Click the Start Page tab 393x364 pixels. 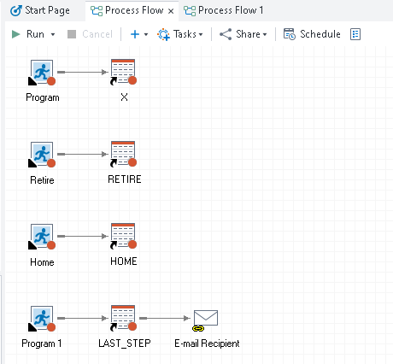41,10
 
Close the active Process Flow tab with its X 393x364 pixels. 170,10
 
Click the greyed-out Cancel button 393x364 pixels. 90,34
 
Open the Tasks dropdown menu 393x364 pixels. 181,34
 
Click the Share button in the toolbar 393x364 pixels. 243,34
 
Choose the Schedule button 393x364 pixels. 312,34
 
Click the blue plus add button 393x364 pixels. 134,34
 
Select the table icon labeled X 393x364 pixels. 124,73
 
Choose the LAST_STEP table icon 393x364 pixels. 124,319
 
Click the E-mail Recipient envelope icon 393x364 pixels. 205,319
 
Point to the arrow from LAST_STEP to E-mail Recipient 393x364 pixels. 164,318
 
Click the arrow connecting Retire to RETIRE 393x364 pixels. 83,155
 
